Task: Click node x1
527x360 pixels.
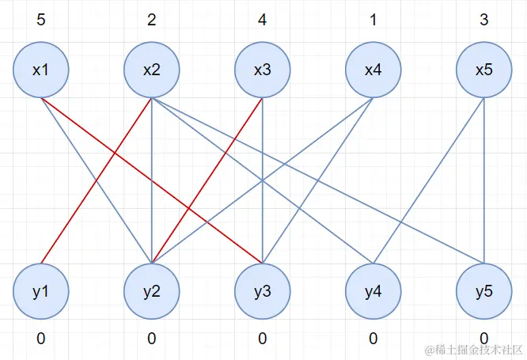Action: click(x=40, y=70)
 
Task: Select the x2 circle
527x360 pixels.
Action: click(x=151, y=70)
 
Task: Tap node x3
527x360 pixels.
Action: click(x=262, y=70)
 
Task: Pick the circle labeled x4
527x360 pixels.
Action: click(x=373, y=70)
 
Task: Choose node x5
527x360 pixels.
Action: click(x=483, y=70)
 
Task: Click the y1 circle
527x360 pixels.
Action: click(x=40, y=290)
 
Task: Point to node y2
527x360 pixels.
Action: click(x=151, y=290)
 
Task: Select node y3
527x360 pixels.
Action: click(x=262, y=290)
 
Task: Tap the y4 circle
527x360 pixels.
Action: click(x=373, y=290)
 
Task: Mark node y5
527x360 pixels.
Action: click(x=483, y=290)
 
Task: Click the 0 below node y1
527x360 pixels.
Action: click(x=40, y=339)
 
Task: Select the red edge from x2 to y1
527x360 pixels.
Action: click(x=96, y=180)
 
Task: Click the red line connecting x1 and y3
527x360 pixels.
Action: click(x=119, y=155)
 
